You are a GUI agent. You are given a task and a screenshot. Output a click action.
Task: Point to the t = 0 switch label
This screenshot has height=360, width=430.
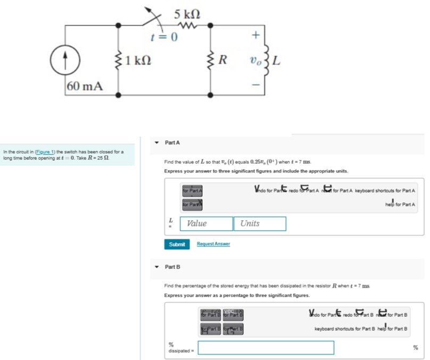[x=164, y=38]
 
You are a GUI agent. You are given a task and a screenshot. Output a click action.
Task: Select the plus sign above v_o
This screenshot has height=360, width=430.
[x=255, y=36]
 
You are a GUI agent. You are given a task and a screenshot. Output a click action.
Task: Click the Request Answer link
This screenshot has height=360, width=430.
[x=213, y=244]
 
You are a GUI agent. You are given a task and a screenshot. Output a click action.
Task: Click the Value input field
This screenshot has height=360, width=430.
[x=206, y=223]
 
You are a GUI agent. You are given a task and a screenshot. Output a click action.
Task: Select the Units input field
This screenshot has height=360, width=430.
[x=259, y=223]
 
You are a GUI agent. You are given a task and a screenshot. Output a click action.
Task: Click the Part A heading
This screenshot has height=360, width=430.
[x=172, y=143]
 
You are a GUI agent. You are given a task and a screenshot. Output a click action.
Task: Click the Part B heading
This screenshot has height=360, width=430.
[x=172, y=266]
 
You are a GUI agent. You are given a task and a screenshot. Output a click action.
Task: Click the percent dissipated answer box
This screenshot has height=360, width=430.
[x=266, y=347]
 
